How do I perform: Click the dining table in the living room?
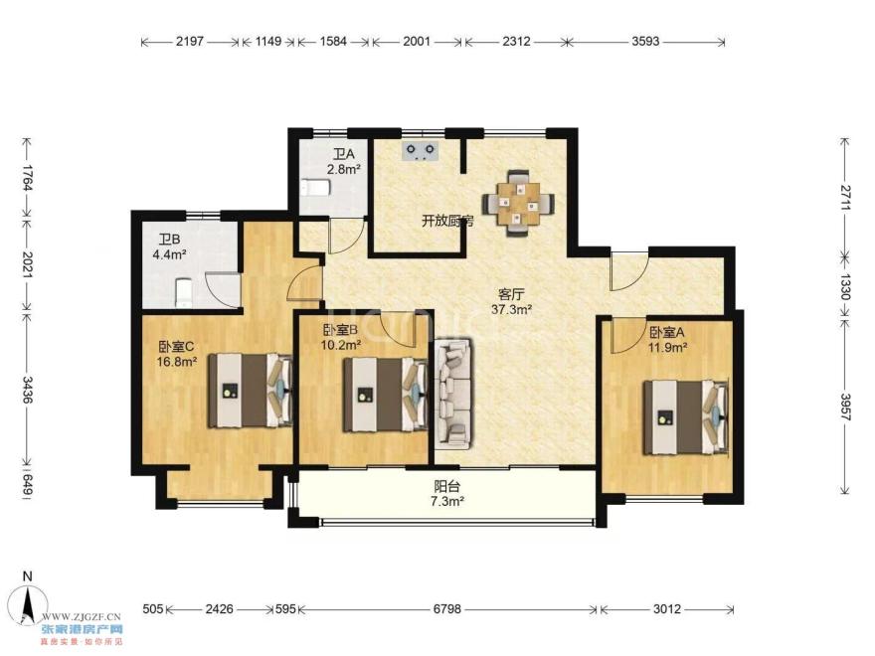[519, 203]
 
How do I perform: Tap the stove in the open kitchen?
[421, 152]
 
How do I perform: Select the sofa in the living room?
[453, 393]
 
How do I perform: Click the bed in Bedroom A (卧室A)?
[686, 417]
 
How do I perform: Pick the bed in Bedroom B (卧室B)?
[385, 395]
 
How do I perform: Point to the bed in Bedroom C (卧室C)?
[251, 390]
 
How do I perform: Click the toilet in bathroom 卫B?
[184, 293]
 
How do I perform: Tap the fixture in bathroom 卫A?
[315, 188]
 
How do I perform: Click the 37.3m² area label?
[511, 309]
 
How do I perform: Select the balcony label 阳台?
[447, 486]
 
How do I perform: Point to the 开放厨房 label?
[447, 222]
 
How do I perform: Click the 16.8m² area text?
[176, 362]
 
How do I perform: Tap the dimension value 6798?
[447, 609]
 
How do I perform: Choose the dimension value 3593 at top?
[645, 42]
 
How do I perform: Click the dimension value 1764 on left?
[27, 176]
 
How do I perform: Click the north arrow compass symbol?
[27, 598]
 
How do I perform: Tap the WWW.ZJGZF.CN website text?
[82, 617]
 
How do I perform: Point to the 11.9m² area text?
[667, 347]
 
